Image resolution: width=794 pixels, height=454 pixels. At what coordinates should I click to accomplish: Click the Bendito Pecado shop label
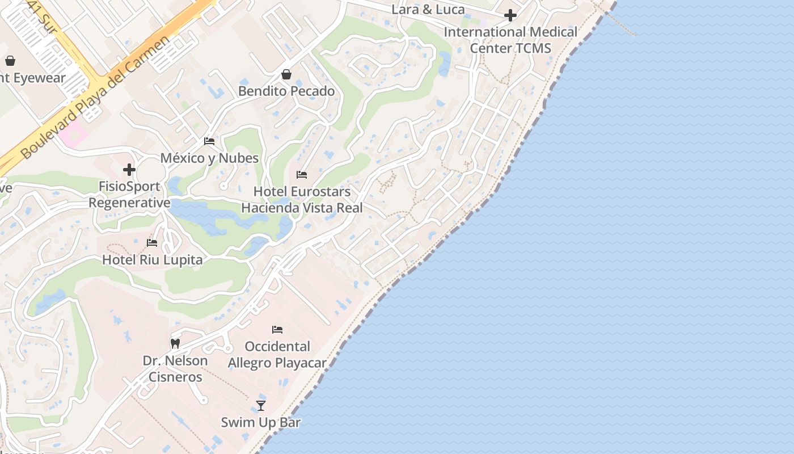[286, 91]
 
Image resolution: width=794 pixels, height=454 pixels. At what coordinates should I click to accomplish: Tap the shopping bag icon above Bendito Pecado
[286, 74]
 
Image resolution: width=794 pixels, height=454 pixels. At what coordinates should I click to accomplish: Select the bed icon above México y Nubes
[209, 141]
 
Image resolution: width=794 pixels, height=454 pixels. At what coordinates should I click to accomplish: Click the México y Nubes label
[209, 158]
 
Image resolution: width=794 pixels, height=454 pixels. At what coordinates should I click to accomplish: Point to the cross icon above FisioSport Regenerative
[129, 170]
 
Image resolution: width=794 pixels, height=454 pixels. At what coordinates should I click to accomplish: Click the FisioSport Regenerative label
[129, 195]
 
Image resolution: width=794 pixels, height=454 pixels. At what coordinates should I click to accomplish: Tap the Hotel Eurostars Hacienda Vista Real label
[302, 200]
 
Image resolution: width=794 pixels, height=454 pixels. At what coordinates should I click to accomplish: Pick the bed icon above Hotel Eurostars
[302, 175]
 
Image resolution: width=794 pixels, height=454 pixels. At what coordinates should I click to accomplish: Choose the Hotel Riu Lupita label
[152, 260]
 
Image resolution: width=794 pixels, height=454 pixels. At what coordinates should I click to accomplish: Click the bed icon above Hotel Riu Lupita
[152, 243]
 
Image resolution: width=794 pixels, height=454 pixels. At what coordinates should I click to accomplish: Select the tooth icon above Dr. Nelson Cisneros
[175, 343]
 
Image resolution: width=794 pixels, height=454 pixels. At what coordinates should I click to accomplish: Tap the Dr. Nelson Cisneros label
[175, 368]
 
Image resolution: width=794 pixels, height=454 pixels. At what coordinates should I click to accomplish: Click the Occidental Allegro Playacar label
[277, 355]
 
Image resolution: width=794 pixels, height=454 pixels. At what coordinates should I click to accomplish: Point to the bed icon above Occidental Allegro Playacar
[277, 329]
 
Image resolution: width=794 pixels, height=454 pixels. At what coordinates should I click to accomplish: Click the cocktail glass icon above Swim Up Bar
[261, 405]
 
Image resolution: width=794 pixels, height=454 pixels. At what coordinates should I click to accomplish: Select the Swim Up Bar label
[261, 422]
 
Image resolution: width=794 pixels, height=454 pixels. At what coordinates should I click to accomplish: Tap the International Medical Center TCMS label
[510, 40]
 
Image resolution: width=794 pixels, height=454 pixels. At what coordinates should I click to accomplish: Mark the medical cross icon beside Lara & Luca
[510, 15]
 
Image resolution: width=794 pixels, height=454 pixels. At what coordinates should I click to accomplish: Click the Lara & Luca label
[428, 9]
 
